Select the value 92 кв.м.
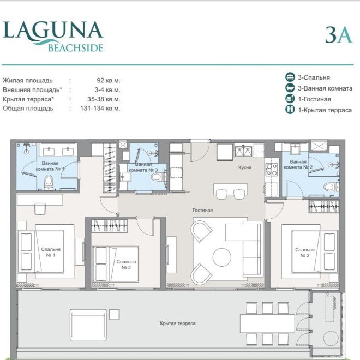point(107,80)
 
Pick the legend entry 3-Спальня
point(314,77)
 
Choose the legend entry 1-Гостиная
point(314,99)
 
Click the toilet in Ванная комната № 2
point(329,187)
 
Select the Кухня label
point(245,167)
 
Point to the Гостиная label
point(202,210)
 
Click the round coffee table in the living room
point(222,257)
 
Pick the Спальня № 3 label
point(126,265)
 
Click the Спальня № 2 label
point(305,253)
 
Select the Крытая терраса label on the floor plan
point(178,323)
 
